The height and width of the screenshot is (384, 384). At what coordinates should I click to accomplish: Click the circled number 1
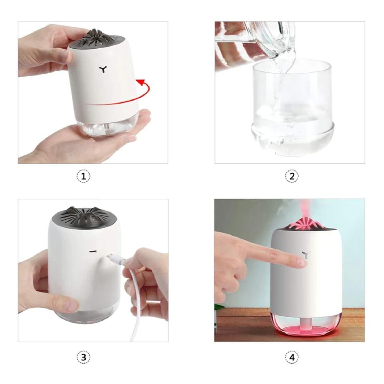tap(84, 176)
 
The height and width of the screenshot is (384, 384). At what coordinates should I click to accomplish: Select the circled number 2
tap(292, 176)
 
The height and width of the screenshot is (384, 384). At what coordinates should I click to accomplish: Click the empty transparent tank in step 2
tap(292, 108)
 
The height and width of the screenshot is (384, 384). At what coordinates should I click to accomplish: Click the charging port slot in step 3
tap(93, 251)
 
